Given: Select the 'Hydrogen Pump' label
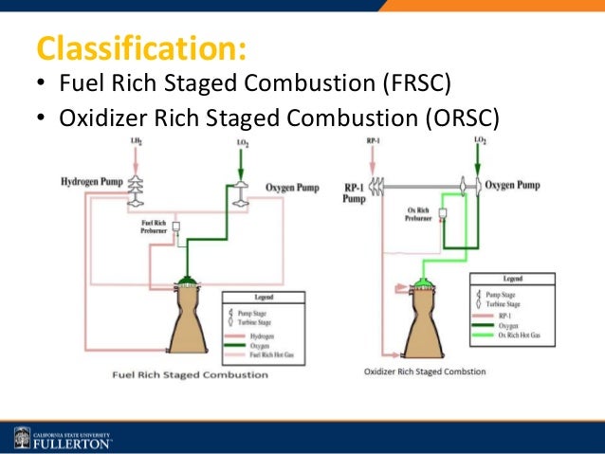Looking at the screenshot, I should [x=90, y=180].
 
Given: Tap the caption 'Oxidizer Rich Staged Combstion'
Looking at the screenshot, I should [x=426, y=371].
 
